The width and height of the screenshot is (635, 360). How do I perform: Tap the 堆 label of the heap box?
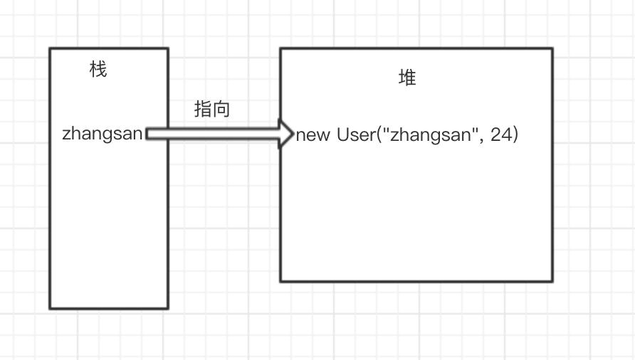pos(407,78)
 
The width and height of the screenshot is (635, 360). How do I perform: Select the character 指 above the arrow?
pos(203,109)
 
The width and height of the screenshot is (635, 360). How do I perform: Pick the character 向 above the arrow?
pos(221,109)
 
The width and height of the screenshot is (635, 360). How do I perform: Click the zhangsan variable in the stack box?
pos(103,134)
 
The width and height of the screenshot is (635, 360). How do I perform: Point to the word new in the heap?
pos(313,135)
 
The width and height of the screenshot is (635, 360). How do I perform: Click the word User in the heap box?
pos(355,134)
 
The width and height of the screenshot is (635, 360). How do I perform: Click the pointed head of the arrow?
pos(288,134)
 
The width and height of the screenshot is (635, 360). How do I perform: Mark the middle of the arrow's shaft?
pos(214,134)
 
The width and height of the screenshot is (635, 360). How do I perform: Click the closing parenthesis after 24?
pos(515,134)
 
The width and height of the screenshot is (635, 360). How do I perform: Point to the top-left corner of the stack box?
pos(50,48)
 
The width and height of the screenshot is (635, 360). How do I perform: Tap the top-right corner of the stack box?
pos(168,48)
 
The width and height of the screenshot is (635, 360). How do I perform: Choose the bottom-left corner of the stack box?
pos(50,308)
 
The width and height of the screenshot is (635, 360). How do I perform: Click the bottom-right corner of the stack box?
pos(168,308)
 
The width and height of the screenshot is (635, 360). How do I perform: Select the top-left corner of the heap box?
pos(280,48)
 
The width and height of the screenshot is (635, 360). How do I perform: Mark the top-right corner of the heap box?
pos(552,48)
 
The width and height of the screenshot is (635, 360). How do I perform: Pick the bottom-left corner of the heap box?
pos(280,281)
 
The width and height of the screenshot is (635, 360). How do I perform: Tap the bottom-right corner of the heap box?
pos(552,281)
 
